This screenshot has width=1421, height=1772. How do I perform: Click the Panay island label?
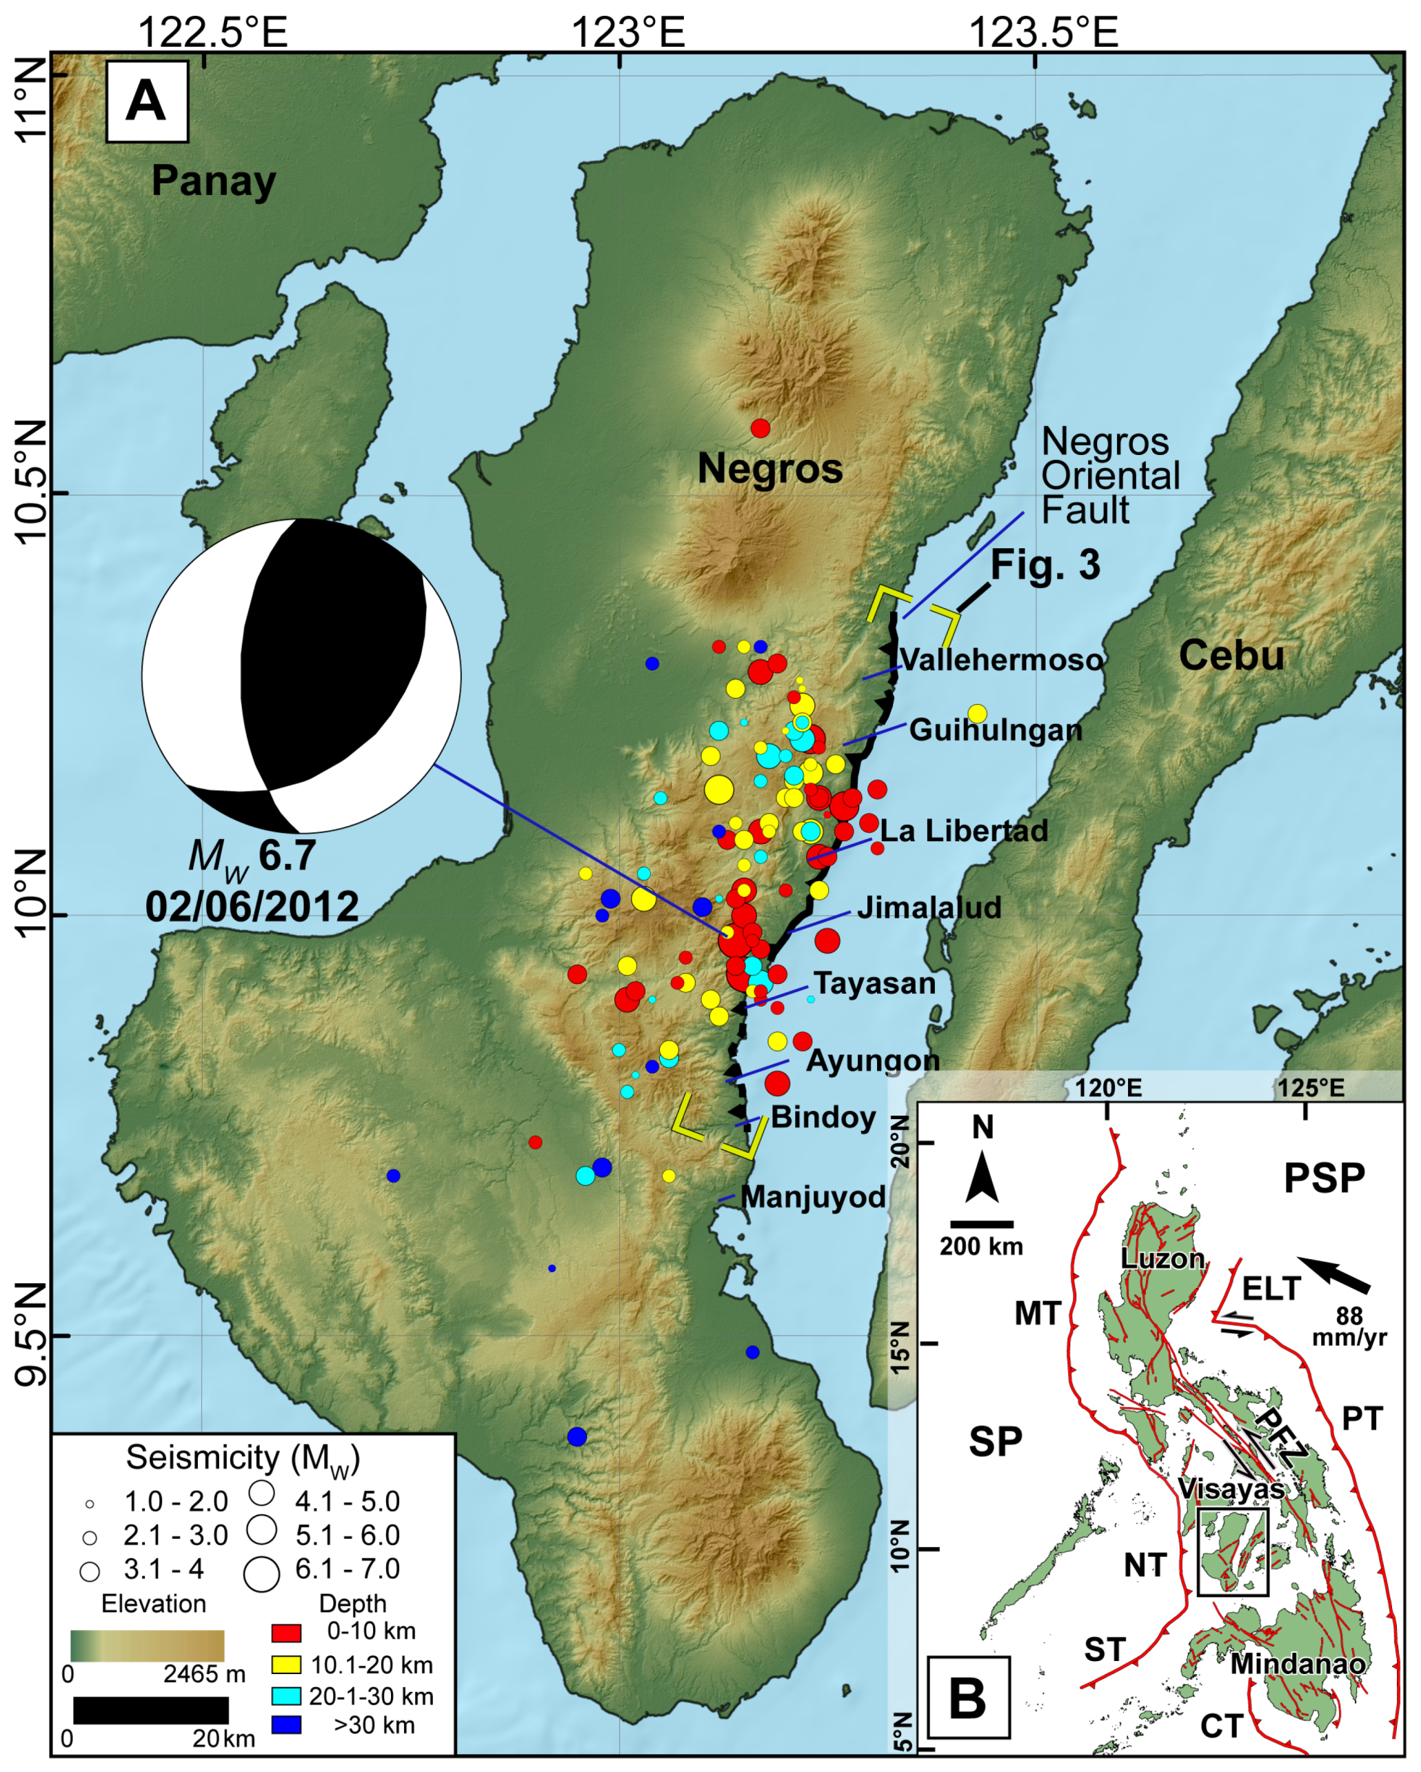coord(213,181)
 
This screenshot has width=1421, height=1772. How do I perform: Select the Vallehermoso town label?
coord(1001,659)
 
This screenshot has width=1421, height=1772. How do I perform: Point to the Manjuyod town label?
coord(813,1197)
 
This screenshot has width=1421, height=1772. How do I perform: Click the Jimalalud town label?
coord(929,907)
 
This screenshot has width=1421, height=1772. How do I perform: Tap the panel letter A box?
coord(146,102)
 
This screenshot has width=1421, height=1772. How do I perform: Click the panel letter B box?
coord(967,1699)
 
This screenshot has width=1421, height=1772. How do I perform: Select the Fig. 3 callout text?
coord(1045,565)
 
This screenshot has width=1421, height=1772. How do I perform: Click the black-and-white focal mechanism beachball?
coord(301,676)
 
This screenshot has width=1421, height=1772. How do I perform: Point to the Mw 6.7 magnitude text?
coord(252,856)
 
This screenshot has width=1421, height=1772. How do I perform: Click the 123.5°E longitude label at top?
coord(1043,33)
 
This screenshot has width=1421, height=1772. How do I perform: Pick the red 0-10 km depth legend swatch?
coord(286,1631)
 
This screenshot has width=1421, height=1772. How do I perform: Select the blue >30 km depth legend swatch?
coord(286,1725)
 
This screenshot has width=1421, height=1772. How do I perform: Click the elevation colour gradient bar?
coord(146,1647)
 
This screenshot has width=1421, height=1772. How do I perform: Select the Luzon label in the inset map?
coord(1162,1258)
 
